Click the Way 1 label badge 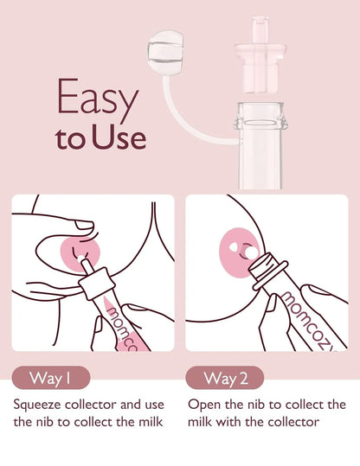pos(48,378)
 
